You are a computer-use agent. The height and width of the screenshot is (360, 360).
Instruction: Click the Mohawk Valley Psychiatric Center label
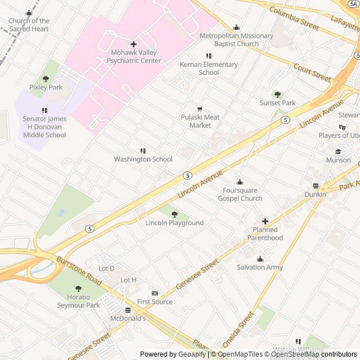point(133,56)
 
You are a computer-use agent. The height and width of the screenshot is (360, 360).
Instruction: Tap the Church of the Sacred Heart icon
point(29,13)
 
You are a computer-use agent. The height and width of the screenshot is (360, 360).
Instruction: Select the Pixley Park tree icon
point(46,79)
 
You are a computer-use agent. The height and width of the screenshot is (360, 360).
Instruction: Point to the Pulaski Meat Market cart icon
point(199,109)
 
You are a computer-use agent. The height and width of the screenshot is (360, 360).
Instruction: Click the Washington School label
point(143,159)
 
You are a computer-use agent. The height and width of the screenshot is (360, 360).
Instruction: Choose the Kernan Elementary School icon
point(209,56)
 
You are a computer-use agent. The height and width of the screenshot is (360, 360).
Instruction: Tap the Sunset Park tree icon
point(277,94)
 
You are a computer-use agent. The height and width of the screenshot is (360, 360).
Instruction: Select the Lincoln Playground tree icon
point(174,214)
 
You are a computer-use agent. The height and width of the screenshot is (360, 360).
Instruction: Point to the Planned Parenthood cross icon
point(265,221)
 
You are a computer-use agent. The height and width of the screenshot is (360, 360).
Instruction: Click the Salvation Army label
point(259,267)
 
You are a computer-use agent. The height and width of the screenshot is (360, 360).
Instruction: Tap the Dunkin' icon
point(316,186)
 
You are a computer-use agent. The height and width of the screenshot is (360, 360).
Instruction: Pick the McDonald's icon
point(128,310)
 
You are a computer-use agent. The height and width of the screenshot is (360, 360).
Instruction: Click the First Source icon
point(155,294)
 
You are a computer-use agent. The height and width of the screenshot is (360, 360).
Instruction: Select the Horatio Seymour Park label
point(78,301)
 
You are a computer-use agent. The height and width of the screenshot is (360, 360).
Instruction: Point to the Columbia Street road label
point(294,18)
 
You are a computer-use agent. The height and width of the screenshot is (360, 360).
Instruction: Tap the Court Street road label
point(312,72)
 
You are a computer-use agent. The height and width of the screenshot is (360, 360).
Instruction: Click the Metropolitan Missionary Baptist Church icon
point(236,27)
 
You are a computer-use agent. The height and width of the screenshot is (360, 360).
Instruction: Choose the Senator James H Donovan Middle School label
point(44,127)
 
